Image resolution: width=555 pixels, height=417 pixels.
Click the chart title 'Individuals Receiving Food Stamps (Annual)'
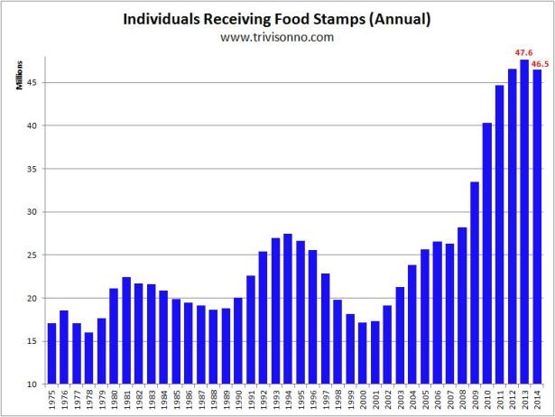[x=277, y=18]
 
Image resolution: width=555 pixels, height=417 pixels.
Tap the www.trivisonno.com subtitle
[x=277, y=37]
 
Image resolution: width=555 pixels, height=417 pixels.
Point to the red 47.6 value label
[x=523, y=53]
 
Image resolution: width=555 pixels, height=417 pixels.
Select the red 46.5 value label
[x=540, y=64]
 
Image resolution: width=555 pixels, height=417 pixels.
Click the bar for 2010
[x=486, y=253]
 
